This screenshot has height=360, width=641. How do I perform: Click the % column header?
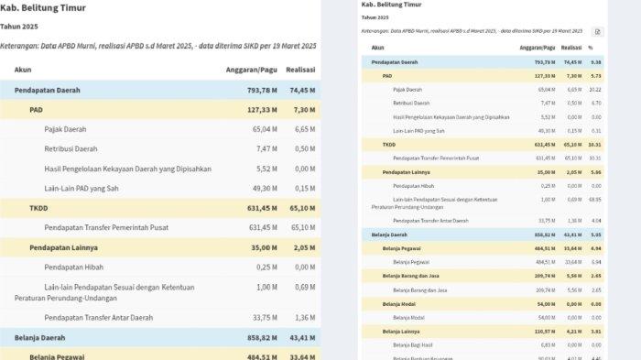[x=592, y=47]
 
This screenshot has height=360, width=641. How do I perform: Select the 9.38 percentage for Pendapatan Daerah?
[x=595, y=61]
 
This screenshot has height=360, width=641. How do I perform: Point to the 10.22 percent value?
[x=594, y=89]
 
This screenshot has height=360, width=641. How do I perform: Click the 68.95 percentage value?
[x=594, y=199]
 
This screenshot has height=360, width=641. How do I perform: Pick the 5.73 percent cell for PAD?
[x=595, y=75]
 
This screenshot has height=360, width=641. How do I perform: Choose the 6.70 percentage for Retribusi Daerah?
[x=595, y=103]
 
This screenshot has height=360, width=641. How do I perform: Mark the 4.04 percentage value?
[x=595, y=220]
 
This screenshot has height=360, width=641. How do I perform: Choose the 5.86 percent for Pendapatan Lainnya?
[x=595, y=171]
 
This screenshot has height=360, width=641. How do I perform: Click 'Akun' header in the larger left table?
[x=23, y=69]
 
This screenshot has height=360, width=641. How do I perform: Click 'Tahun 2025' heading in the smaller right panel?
[x=374, y=17]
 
